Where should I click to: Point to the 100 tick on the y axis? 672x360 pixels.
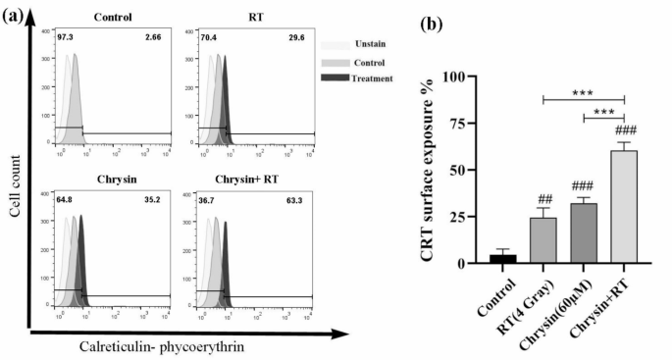pos(462,77)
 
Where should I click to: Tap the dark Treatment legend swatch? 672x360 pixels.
pos(336,77)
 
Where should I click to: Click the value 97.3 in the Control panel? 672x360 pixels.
pos(66,36)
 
